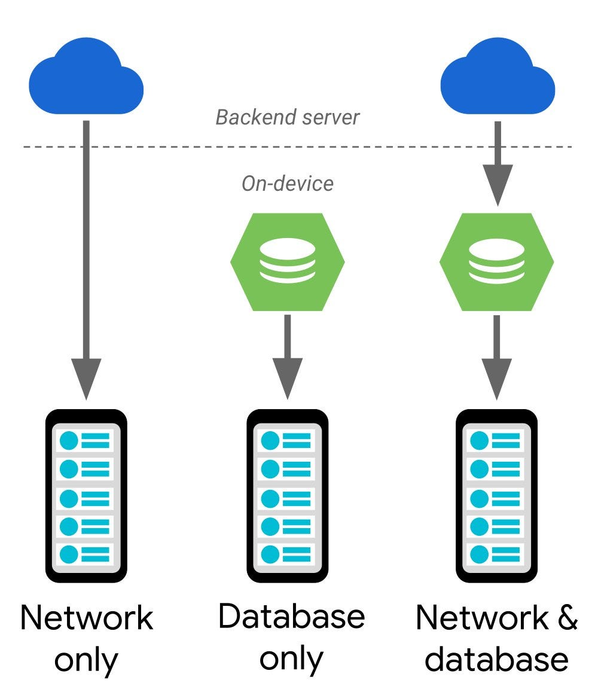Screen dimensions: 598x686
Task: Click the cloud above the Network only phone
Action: tap(86, 77)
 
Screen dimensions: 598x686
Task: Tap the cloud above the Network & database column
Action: tap(498, 77)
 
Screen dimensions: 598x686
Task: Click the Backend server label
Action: tap(288, 117)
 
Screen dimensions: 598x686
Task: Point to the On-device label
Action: tap(288, 184)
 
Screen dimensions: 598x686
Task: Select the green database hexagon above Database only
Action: tap(288, 262)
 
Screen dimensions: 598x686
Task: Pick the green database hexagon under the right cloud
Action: tap(496, 262)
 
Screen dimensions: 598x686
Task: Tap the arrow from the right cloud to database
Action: tap(498, 164)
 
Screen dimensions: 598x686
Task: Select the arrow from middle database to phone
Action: tap(288, 357)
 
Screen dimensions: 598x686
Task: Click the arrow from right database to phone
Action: tap(496, 357)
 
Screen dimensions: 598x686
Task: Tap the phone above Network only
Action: tap(86, 496)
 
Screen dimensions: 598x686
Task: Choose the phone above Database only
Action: tap(288, 496)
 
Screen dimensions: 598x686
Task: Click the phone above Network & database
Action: tap(496, 496)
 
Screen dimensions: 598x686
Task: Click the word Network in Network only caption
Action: tap(87, 617)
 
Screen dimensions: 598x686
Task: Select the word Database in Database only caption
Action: tap(291, 616)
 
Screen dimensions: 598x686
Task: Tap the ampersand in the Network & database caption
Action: tap(568, 617)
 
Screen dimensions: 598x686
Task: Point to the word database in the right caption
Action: tap(496, 659)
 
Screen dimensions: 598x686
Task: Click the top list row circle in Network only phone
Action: tap(69, 440)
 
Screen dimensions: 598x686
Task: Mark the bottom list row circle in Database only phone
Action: tap(270, 554)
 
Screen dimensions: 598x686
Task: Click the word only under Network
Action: tap(86, 661)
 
